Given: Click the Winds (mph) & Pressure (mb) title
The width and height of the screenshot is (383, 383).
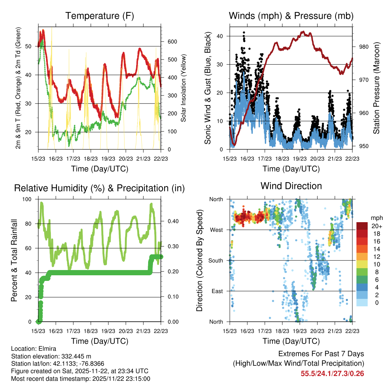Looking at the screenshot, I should click(291, 16).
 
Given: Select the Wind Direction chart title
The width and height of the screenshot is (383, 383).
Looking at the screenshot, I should click(291, 186).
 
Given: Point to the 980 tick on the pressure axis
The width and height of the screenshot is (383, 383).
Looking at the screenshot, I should click(360, 47).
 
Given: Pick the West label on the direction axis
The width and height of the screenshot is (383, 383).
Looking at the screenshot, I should click(216, 230).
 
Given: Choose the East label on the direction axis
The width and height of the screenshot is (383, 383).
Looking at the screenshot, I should click(216, 291).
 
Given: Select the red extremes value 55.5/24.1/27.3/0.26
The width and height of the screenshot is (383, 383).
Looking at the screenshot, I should click(332, 373).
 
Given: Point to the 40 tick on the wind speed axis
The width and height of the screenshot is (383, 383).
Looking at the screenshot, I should click(221, 36).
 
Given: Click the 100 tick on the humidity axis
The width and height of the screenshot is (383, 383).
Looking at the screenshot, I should click(28, 199).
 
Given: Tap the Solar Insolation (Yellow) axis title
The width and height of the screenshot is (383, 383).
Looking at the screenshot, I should click(183, 88).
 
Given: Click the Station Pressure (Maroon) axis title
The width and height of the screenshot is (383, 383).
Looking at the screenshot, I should click(376, 88).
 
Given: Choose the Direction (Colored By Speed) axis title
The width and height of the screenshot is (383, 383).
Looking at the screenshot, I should click(199, 261).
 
